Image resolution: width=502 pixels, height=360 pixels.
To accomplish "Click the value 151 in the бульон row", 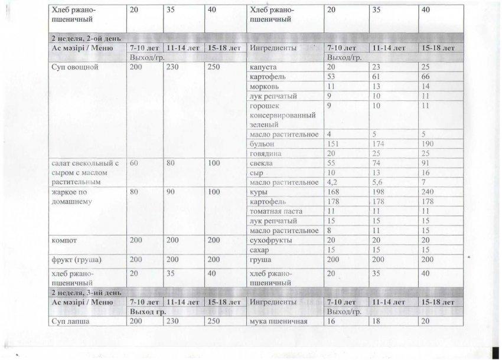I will point(335,144).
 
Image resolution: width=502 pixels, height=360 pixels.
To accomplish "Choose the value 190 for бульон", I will point(426,144).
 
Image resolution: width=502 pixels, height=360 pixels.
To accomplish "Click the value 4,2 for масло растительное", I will point(334,182).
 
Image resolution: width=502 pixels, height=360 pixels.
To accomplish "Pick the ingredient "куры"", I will point(260,192).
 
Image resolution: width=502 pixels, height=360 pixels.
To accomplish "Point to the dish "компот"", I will point(66,241).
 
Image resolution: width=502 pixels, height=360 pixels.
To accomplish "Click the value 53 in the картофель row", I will point(333,77).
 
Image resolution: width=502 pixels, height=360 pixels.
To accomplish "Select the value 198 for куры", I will point(380,192).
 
